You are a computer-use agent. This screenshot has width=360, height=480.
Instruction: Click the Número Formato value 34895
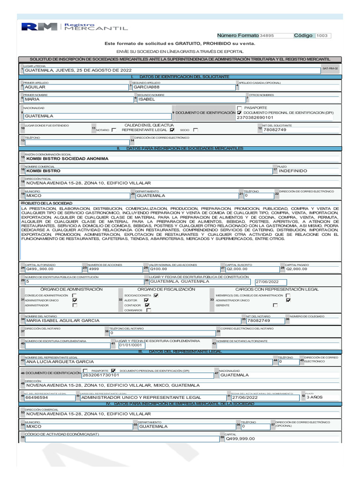267,36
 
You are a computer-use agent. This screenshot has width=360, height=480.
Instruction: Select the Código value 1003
322,36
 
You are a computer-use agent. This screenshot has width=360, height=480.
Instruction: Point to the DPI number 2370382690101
255,118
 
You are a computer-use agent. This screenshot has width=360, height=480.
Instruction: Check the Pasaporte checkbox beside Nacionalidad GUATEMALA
240,108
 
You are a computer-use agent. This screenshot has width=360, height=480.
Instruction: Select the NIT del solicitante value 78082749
275,130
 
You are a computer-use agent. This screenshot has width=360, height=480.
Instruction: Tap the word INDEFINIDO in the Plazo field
293,171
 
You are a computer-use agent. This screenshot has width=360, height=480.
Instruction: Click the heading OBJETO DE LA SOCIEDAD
47,202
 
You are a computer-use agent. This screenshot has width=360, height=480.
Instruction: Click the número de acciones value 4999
94,269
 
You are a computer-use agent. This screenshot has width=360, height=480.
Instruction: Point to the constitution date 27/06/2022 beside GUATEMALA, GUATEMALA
267,282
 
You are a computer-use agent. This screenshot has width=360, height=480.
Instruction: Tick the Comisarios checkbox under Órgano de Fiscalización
149,310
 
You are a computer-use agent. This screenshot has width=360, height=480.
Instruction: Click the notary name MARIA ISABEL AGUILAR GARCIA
63,321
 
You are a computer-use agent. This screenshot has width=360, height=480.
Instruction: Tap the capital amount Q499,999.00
240,439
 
